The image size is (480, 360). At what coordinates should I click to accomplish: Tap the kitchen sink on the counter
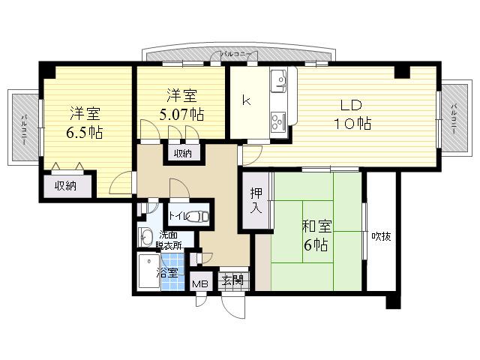[278, 80]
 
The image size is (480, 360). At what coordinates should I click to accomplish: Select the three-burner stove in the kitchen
[278, 121]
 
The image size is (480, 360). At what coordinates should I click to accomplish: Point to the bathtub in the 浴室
[149, 271]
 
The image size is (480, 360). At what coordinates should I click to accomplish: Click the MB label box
[200, 283]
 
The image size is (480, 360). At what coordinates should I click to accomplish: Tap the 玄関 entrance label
[233, 280]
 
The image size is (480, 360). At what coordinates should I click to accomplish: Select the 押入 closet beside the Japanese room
[256, 200]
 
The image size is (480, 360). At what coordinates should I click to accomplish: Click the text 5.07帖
[181, 114]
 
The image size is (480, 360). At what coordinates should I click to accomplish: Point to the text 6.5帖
[85, 132]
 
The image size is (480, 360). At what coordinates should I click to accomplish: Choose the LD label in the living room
[351, 105]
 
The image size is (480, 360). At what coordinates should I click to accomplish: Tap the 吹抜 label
[381, 236]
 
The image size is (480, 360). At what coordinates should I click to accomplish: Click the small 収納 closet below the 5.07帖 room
[183, 153]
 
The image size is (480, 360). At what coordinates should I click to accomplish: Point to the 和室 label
[316, 226]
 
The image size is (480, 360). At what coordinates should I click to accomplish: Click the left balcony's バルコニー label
[24, 130]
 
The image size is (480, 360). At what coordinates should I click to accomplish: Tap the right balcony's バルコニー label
[454, 118]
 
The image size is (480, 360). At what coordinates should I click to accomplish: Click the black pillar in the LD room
[402, 72]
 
